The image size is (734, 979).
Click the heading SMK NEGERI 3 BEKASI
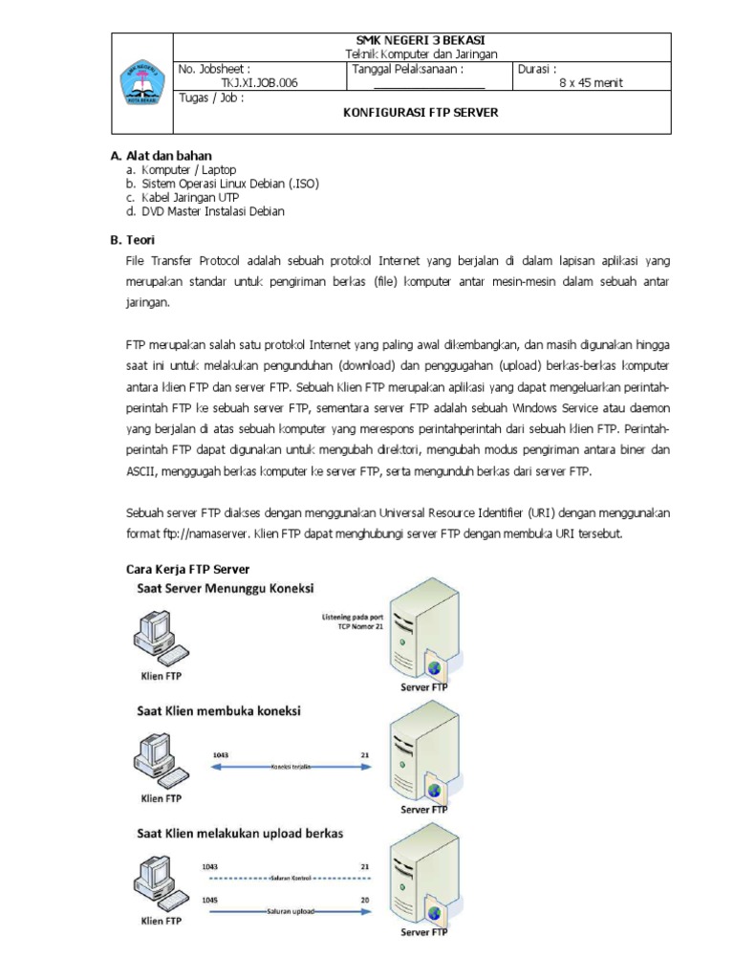[421, 40]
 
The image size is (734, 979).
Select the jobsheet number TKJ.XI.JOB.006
[259, 83]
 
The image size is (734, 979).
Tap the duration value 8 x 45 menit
[591, 83]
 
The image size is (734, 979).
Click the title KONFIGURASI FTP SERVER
[421, 113]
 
